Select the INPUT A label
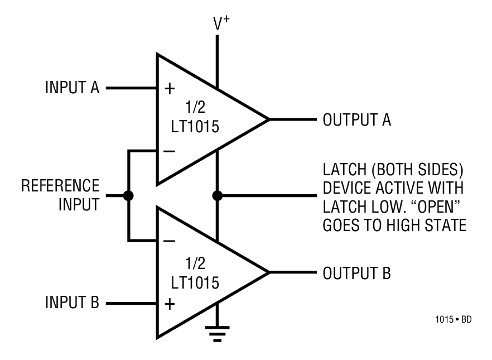tap(72, 88)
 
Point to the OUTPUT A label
tap(357, 119)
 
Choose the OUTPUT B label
tap(357, 273)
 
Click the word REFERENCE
tap(60, 185)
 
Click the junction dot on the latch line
tap(218, 196)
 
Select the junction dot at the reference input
tap(128, 196)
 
